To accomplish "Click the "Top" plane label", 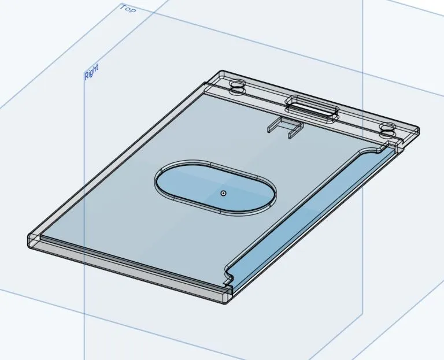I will (128, 9).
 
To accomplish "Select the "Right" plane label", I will (91, 72).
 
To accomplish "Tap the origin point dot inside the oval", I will (223, 193).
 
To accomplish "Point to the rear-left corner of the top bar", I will (221, 74).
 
